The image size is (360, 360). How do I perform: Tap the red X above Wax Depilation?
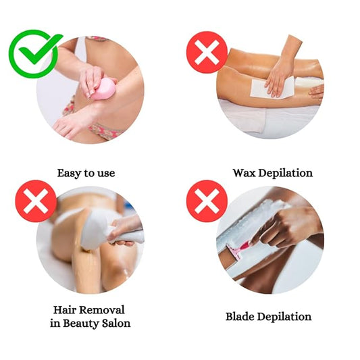click(207, 52)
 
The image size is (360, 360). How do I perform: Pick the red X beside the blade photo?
click(207, 201)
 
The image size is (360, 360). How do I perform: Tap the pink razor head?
click(236, 251)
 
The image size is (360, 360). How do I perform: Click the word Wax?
click(245, 173)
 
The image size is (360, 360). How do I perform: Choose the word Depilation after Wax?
click(286, 173)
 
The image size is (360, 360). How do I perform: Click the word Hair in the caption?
click(65, 310)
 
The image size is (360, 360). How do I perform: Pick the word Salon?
click(116, 324)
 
